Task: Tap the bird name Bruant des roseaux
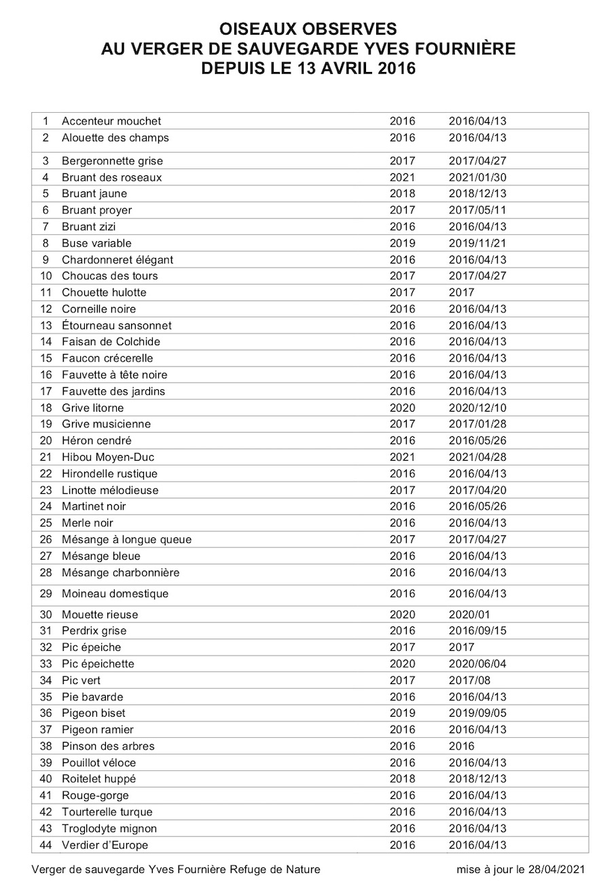(111, 177)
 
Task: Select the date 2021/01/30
(477, 177)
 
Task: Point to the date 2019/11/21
(477, 243)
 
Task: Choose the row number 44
(45, 845)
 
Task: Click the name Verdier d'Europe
(105, 845)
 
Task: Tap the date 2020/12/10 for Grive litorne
(477, 408)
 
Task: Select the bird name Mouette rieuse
(99, 615)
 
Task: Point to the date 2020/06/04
(477, 664)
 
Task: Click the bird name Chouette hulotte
(104, 293)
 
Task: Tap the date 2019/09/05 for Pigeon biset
(477, 713)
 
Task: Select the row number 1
(45, 121)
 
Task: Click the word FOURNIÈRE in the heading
(461, 49)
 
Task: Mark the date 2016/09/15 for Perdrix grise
(477, 631)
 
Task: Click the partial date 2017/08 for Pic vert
(470, 680)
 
